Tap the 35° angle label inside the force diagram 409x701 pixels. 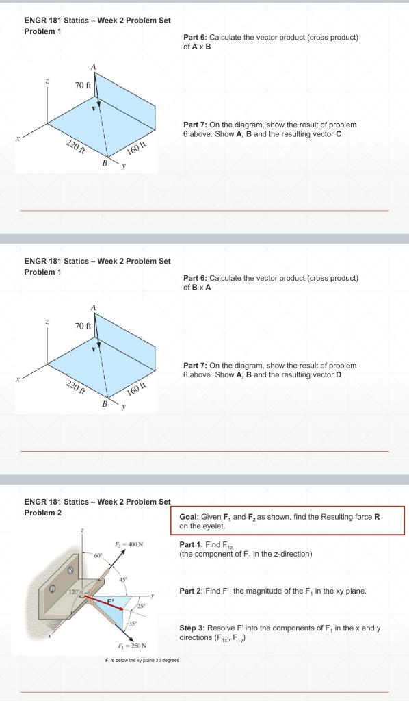128,623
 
